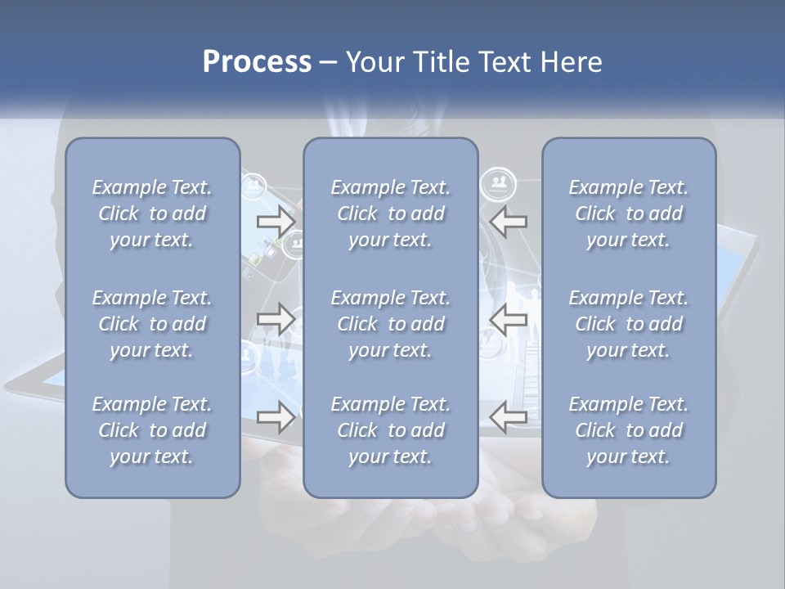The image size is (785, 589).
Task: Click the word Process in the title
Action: (x=257, y=62)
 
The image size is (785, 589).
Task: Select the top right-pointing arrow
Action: (x=276, y=222)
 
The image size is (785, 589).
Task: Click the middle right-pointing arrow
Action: (x=276, y=319)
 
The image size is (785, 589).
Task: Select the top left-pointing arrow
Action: (x=509, y=222)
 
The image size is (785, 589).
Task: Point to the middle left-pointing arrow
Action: (x=509, y=319)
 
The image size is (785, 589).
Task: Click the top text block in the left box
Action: (x=152, y=214)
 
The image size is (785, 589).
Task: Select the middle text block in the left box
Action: (x=152, y=324)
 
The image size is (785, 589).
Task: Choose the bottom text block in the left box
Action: (x=152, y=430)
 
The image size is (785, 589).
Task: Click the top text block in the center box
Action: (x=391, y=214)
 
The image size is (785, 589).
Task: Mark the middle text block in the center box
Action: (x=391, y=324)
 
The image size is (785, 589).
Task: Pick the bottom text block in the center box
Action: (x=391, y=430)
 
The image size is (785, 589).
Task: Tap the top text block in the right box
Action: (x=629, y=214)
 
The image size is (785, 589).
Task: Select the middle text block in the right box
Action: (x=629, y=324)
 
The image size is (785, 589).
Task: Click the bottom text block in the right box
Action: (x=629, y=430)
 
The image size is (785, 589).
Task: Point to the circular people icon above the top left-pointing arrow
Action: (x=498, y=184)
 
